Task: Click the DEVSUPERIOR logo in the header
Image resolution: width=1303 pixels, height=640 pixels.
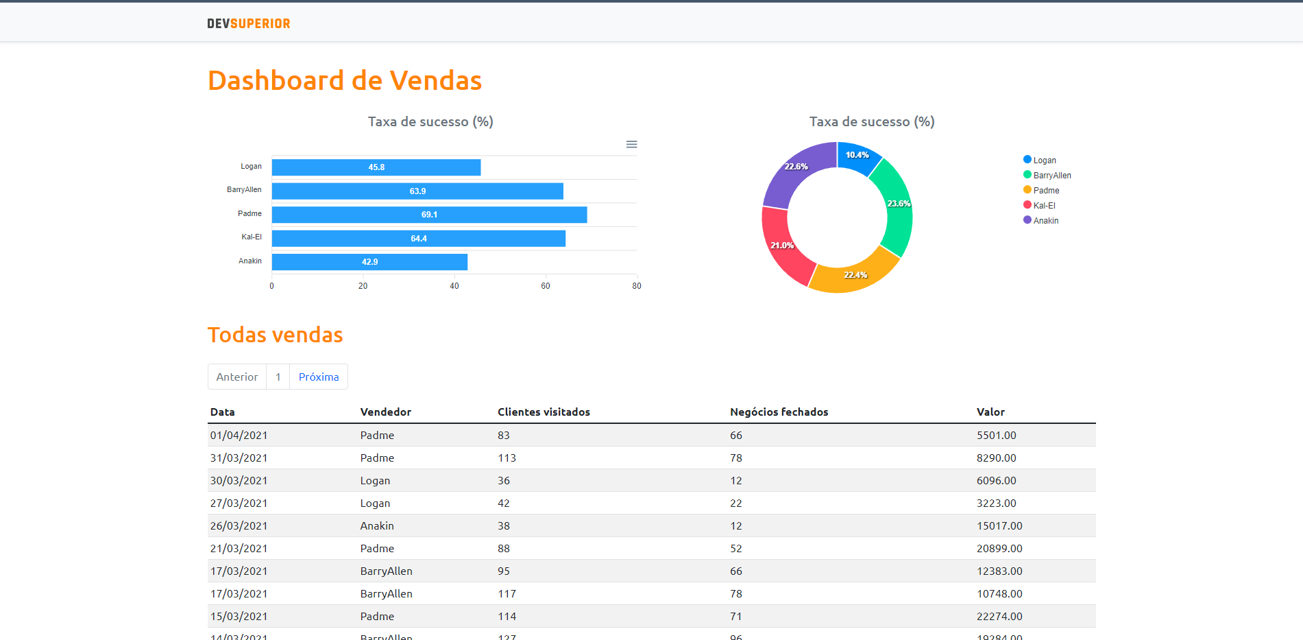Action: click(249, 24)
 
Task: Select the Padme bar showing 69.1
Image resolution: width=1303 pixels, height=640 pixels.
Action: click(429, 215)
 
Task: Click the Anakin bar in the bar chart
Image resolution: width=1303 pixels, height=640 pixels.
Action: click(369, 262)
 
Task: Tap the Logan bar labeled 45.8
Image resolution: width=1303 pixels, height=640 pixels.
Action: click(376, 167)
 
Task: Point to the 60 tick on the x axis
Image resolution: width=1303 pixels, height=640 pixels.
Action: click(546, 286)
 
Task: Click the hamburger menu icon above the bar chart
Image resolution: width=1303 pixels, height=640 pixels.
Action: click(632, 145)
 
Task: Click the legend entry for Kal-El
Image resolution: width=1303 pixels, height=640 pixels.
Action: click(1044, 206)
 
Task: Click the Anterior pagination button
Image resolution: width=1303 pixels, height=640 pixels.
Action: click(237, 377)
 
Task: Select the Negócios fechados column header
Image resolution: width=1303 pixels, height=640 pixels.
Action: click(779, 412)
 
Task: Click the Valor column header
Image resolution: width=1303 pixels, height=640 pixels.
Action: click(990, 412)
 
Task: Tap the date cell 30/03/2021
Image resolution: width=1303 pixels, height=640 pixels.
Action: click(239, 481)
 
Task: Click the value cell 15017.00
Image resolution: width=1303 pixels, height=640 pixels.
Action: click(999, 526)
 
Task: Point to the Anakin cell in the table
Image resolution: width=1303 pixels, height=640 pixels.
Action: click(377, 526)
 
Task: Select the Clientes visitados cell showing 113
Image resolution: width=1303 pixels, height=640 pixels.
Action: click(507, 458)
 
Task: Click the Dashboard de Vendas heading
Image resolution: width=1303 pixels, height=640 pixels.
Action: click(345, 81)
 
